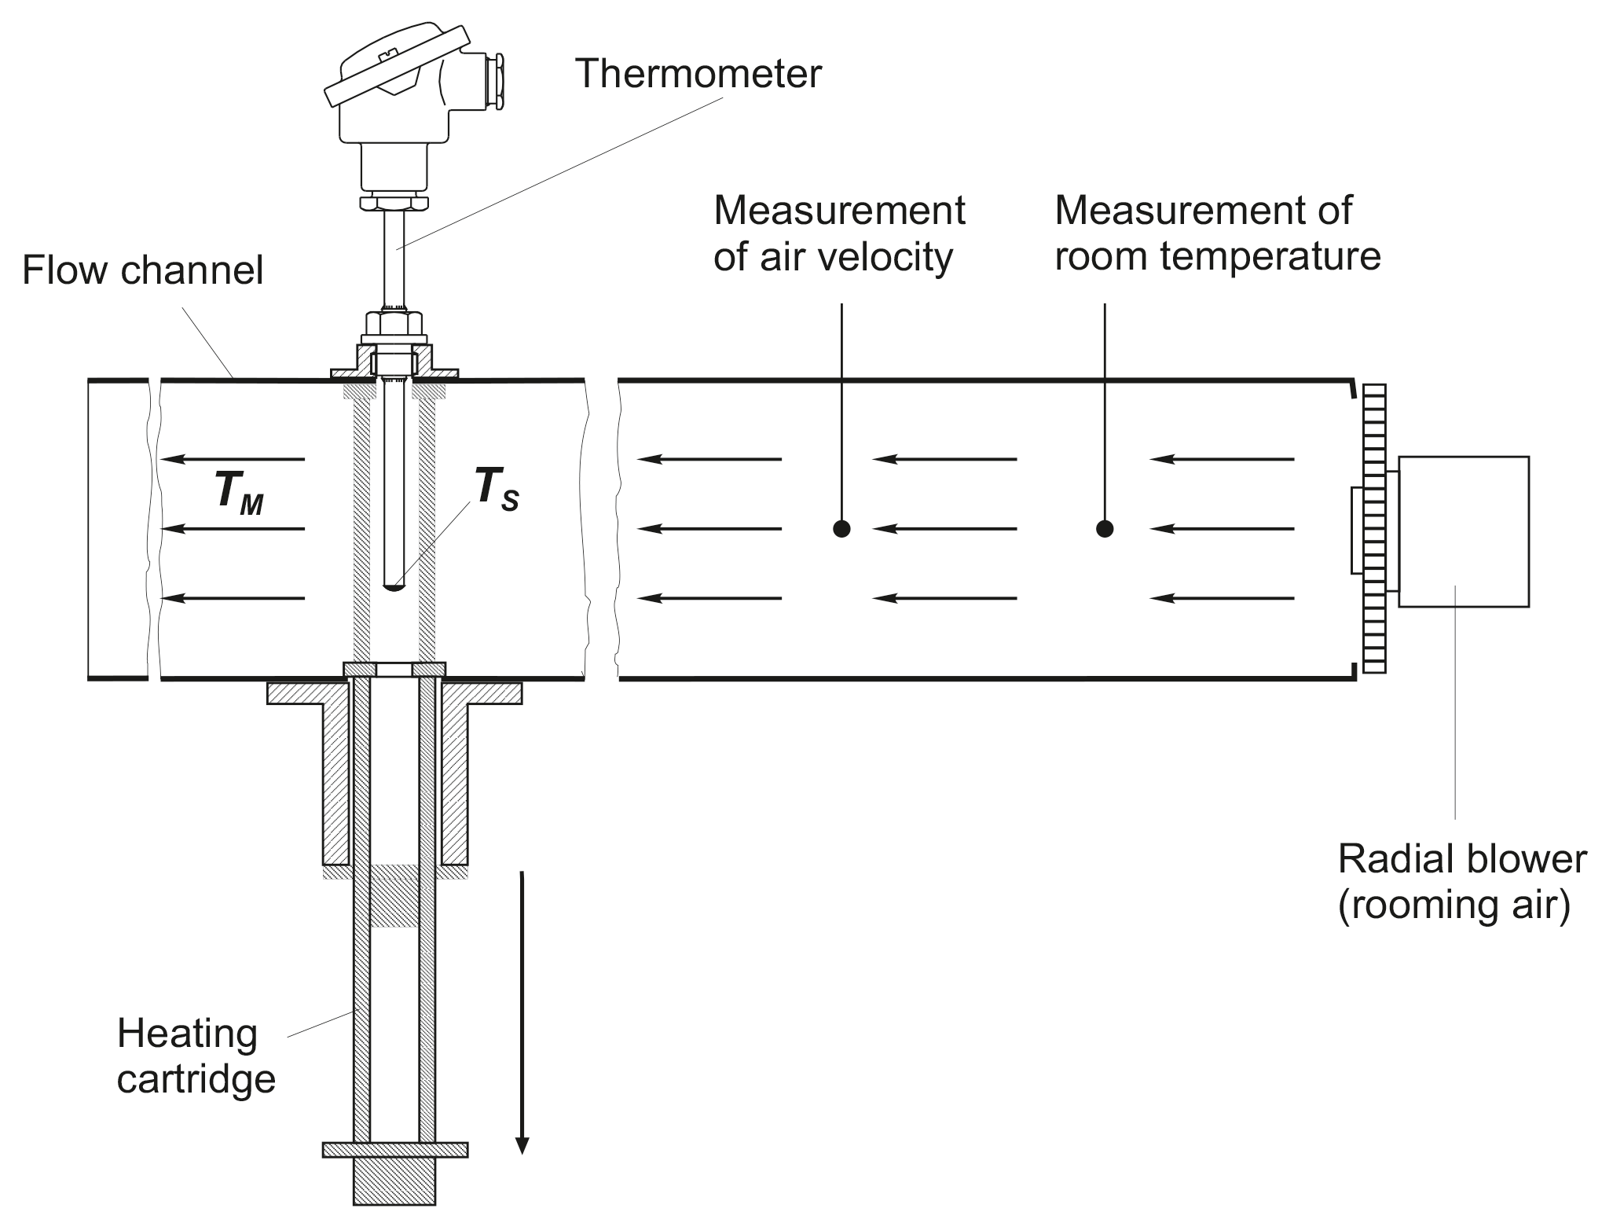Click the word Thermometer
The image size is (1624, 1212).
698,74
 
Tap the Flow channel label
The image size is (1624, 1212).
142,270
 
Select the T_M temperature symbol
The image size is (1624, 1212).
238,494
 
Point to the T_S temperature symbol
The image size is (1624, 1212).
496,490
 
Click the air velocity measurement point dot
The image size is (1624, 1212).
841,529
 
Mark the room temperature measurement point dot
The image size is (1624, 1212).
1105,529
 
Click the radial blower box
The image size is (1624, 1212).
1463,531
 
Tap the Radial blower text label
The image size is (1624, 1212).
1461,859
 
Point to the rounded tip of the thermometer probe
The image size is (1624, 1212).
394,586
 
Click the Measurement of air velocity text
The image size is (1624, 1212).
838,233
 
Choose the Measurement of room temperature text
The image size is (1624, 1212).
1216,233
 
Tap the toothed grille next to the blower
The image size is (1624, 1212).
1375,529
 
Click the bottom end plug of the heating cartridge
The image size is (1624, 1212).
394,1180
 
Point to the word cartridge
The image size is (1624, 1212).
196,1079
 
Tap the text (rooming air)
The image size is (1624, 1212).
1454,905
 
